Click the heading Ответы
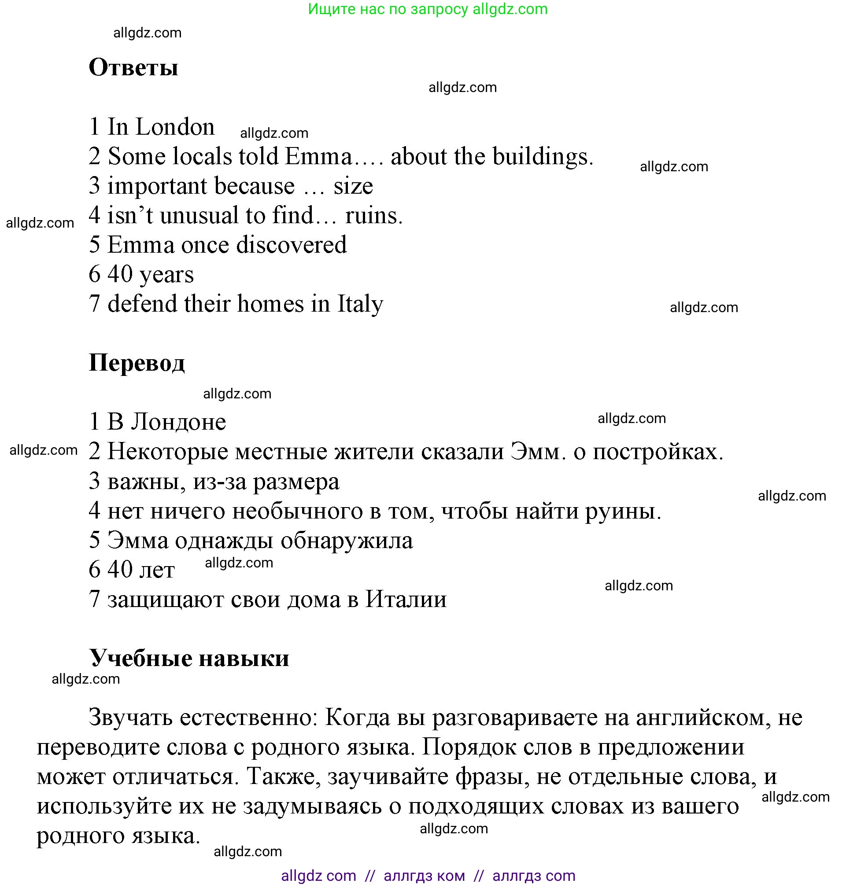click(x=133, y=68)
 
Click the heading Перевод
click(x=136, y=363)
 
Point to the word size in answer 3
click(x=353, y=187)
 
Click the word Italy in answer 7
click(x=360, y=304)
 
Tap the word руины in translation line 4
click(x=622, y=512)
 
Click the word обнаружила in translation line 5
click(x=346, y=541)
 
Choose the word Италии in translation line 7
click(x=406, y=600)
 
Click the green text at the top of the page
click(x=427, y=9)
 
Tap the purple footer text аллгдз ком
click(x=424, y=876)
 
